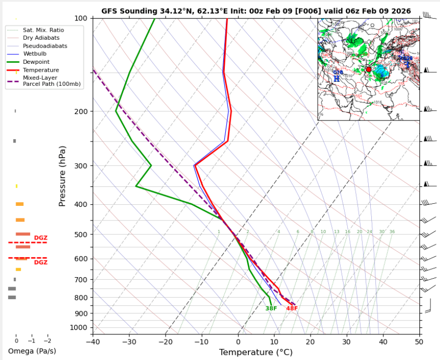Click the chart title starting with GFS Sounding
(256, 11)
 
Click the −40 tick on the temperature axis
(93, 341)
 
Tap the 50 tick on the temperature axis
(419, 341)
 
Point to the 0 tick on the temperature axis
(238, 341)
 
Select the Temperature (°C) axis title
(256, 352)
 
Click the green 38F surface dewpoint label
(271, 308)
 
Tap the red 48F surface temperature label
(292, 308)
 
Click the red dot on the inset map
(369, 69)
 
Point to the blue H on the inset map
(337, 79)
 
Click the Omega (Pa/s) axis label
(32, 350)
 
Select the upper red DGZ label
(41, 237)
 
